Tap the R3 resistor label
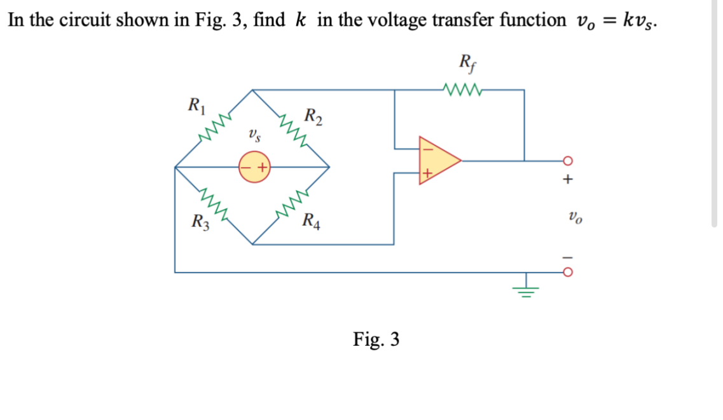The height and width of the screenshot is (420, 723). point(200,222)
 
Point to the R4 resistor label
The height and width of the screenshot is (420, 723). point(312,222)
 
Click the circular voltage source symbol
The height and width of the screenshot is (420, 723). point(254,168)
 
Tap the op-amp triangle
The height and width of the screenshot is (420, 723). point(437,160)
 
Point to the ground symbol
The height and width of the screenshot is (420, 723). point(525,288)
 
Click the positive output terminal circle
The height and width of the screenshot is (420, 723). point(567,161)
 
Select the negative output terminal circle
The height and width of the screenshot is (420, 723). point(567,273)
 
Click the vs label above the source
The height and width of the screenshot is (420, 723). point(254,135)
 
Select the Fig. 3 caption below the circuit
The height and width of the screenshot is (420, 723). point(376,339)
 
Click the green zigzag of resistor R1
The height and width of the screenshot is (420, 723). point(212,128)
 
